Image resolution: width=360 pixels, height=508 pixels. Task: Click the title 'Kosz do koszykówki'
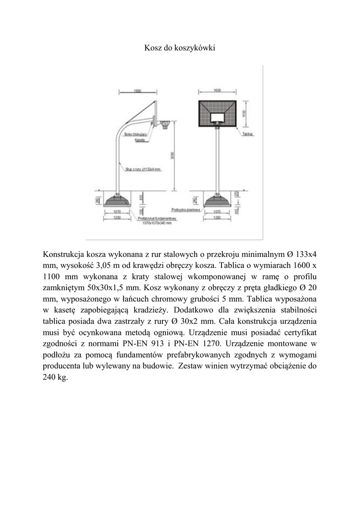click(x=180, y=48)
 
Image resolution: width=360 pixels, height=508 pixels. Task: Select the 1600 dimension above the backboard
click(x=217, y=91)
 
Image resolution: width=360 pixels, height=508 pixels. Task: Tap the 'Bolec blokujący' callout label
click(x=135, y=134)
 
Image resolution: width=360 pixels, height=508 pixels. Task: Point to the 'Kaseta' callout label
click(x=140, y=141)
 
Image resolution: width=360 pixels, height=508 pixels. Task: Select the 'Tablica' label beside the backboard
click(x=248, y=134)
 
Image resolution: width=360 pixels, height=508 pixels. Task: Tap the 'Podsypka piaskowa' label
click(x=185, y=209)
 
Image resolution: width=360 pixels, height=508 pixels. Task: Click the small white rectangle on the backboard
click(x=217, y=118)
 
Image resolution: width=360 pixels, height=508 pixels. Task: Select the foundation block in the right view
click(x=217, y=200)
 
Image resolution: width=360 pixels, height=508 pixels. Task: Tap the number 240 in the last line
click(x=51, y=378)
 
